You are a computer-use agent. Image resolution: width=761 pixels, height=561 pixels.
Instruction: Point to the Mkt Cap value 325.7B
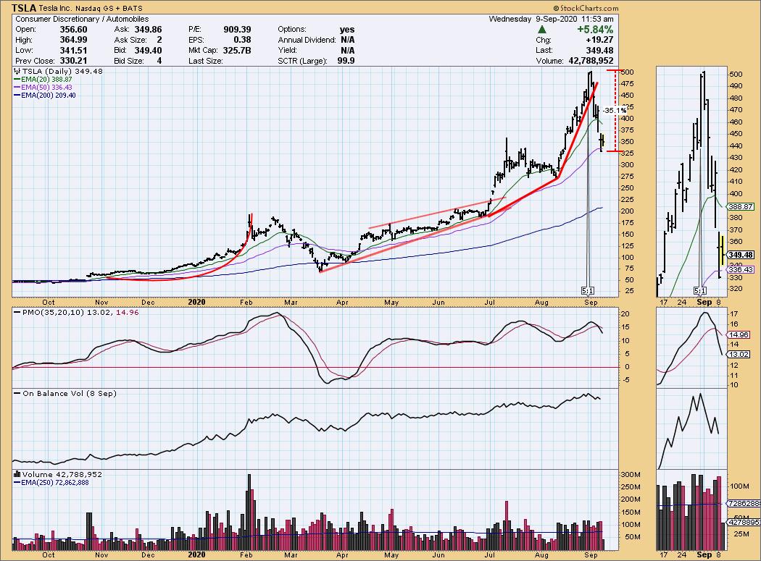[236, 50]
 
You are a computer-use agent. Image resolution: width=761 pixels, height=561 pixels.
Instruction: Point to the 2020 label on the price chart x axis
[197, 303]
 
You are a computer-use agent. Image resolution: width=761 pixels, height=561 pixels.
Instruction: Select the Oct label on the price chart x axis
[49, 303]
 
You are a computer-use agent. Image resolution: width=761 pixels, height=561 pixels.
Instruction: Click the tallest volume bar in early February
[249, 507]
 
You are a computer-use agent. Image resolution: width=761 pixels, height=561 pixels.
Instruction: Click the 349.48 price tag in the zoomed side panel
[742, 255]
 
